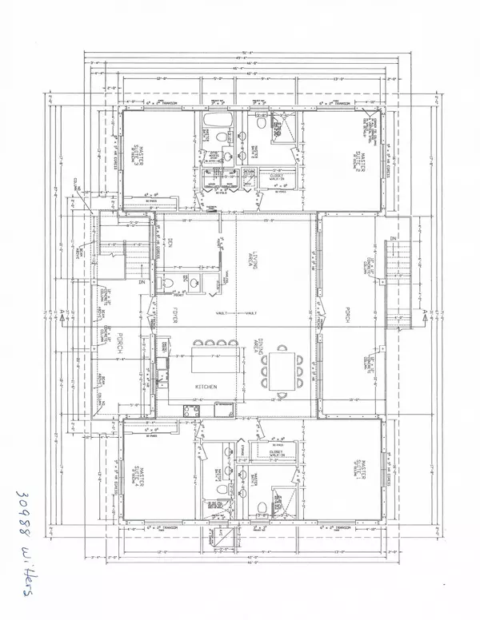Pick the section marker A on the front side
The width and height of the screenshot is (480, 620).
[63, 315]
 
